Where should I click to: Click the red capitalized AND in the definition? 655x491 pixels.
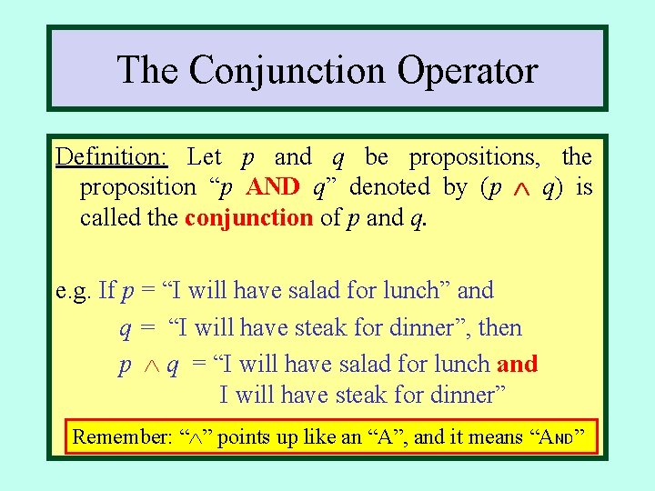click(x=273, y=187)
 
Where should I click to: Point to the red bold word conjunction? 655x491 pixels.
click(x=248, y=217)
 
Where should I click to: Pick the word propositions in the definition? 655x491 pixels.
click(x=472, y=157)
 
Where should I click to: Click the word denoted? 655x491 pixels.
click(x=389, y=187)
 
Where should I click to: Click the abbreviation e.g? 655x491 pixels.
click(x=74, y=291)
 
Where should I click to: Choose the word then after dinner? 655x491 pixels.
click(x=499, y=327)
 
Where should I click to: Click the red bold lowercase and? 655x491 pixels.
click(x=518, y=365)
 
